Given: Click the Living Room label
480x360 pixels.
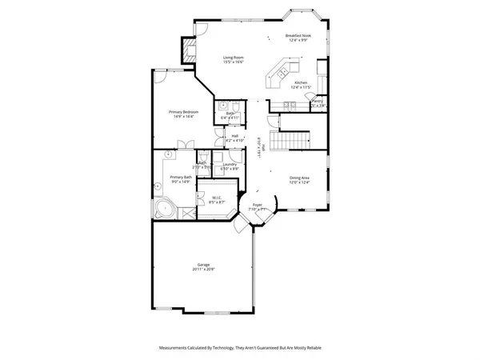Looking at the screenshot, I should coord(233,57).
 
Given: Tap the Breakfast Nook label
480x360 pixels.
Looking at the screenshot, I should coord(298,35).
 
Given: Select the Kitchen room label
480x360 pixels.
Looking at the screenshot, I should coord(301,82).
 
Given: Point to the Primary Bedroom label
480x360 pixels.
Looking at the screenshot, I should coord(183,111).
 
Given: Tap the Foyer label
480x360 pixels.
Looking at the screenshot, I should coord(257,205).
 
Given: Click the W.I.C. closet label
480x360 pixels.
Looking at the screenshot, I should coord(216,197).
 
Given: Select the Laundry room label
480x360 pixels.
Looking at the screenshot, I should coord(230,164).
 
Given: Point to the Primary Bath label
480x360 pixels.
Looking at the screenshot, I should coord(180,177).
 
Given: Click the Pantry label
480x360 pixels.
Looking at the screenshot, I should coord(317,101).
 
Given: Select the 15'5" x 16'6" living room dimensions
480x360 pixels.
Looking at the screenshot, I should coord(233,62).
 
